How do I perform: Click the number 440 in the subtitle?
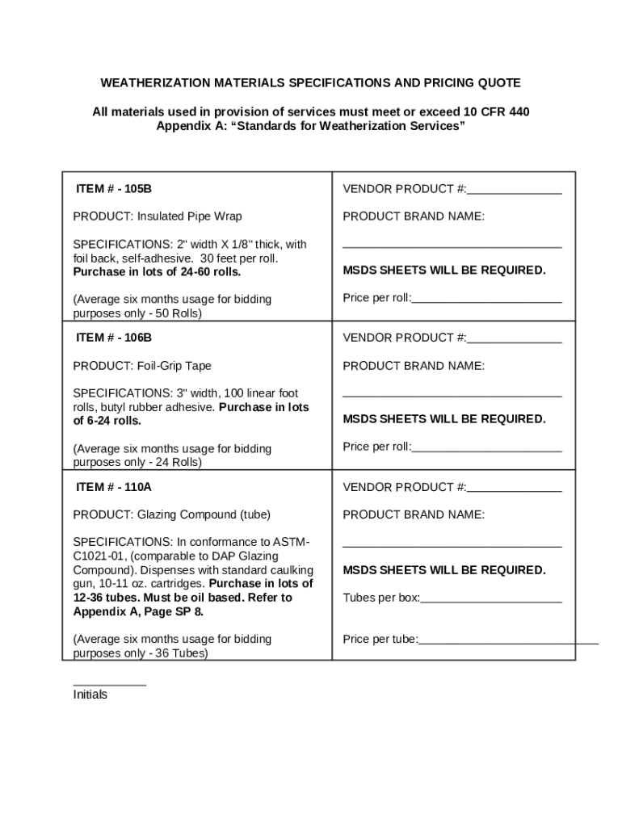pyautogui.click(x=518, y=111)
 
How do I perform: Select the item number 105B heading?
pyautogui.click(x=114, y=189)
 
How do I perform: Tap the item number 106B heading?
pyautogui.click(x=114, y=338)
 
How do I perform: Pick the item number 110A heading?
pyautogui.click(x=114, y=487)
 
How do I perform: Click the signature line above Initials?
pyautogui.click(x=109, y=684)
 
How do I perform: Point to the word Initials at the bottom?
pyautogui.click(x=90, y=695)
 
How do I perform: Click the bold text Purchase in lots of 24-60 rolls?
pyautogui.click(x=145, y=271)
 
